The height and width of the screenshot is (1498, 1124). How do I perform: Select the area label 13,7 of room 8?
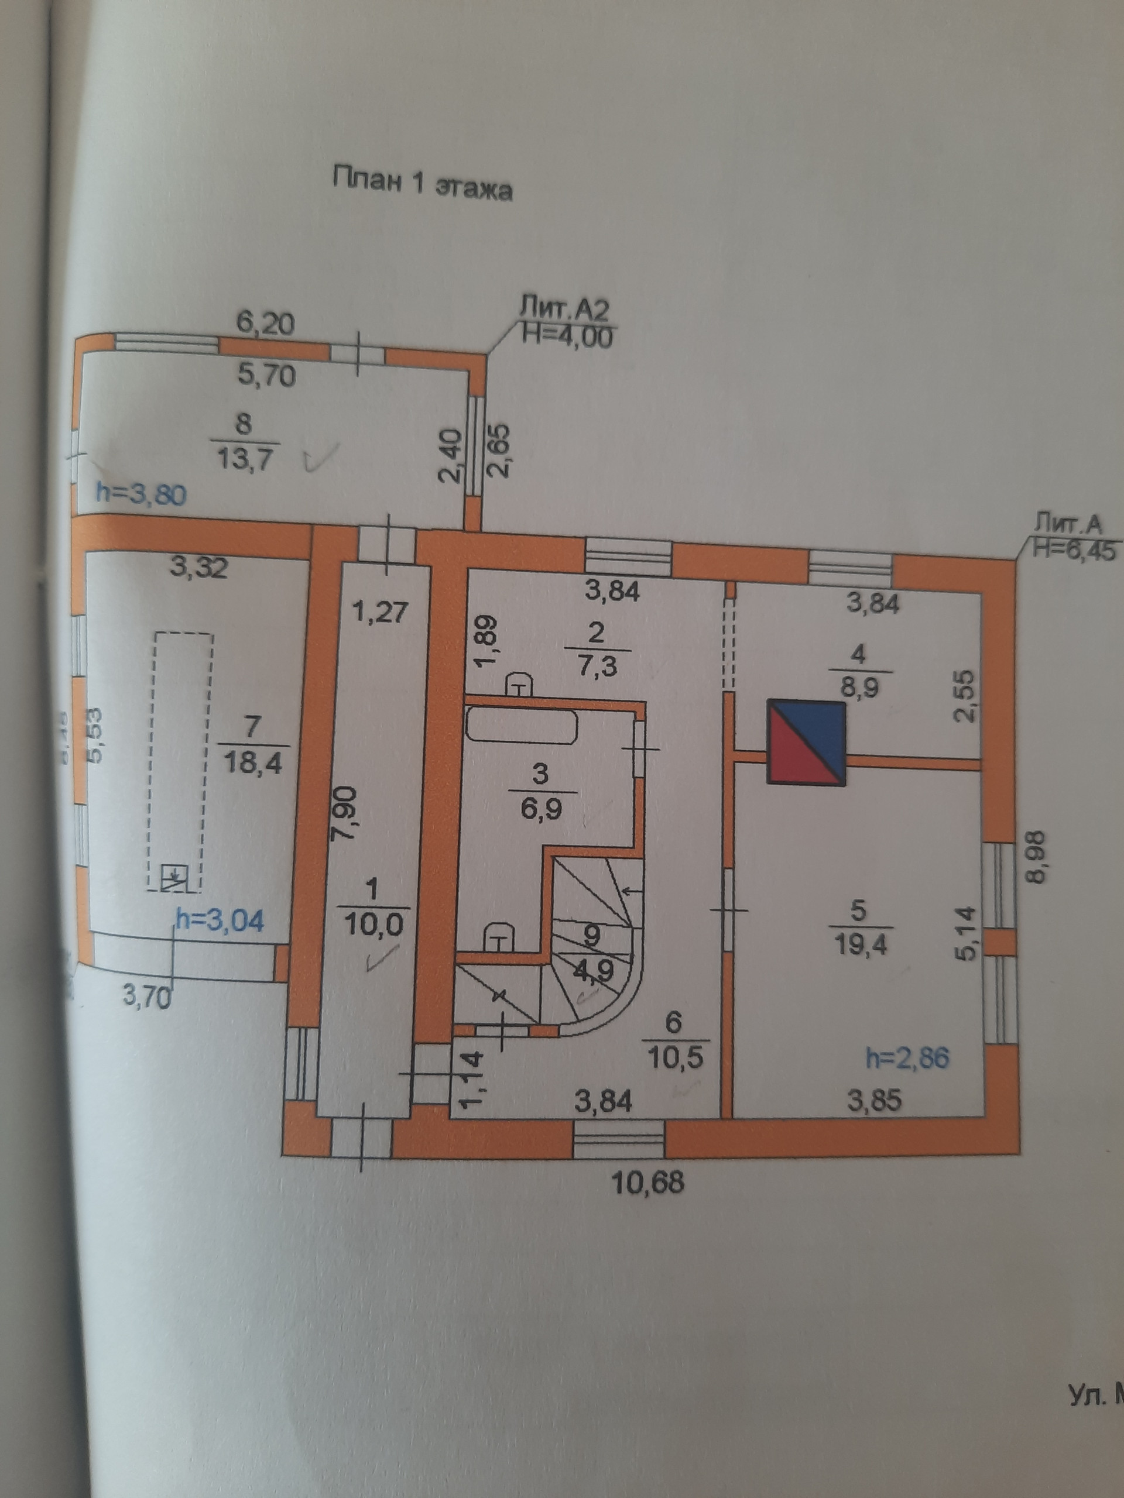click(244, 459)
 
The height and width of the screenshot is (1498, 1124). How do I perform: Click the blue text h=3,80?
click(141, 494)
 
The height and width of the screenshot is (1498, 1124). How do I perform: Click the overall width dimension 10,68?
click(647, 1183)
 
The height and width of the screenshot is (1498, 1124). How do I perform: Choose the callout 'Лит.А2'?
click(564, 309)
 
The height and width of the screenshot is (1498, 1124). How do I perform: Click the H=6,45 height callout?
click(1072, 551)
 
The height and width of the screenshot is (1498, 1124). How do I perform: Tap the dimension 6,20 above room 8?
click(265, 323)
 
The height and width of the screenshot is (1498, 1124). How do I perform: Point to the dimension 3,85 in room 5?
click(875, 1101)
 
